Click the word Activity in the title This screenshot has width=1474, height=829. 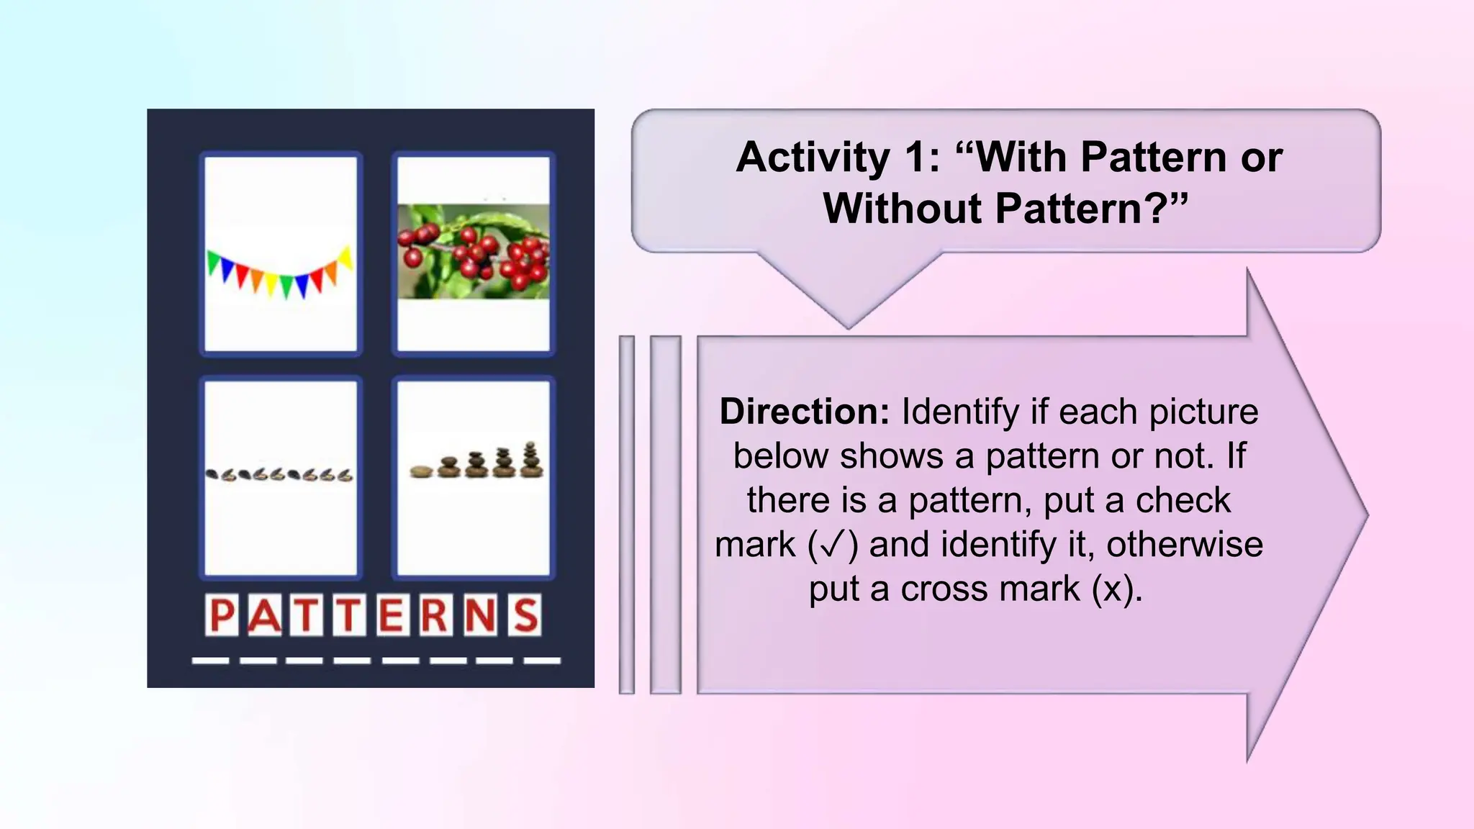(813, 157)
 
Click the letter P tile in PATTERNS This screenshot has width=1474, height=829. (222, 615)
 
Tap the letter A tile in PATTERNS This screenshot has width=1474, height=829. (264, 615)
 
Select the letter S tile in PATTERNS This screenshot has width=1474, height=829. (525, 615)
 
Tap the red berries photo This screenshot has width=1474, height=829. (474, 252)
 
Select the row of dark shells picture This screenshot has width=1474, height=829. (279, 475)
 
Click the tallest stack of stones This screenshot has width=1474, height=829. (531, 460)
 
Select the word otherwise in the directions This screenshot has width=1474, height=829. (1184, 545)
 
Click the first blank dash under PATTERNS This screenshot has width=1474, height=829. (211, 660)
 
